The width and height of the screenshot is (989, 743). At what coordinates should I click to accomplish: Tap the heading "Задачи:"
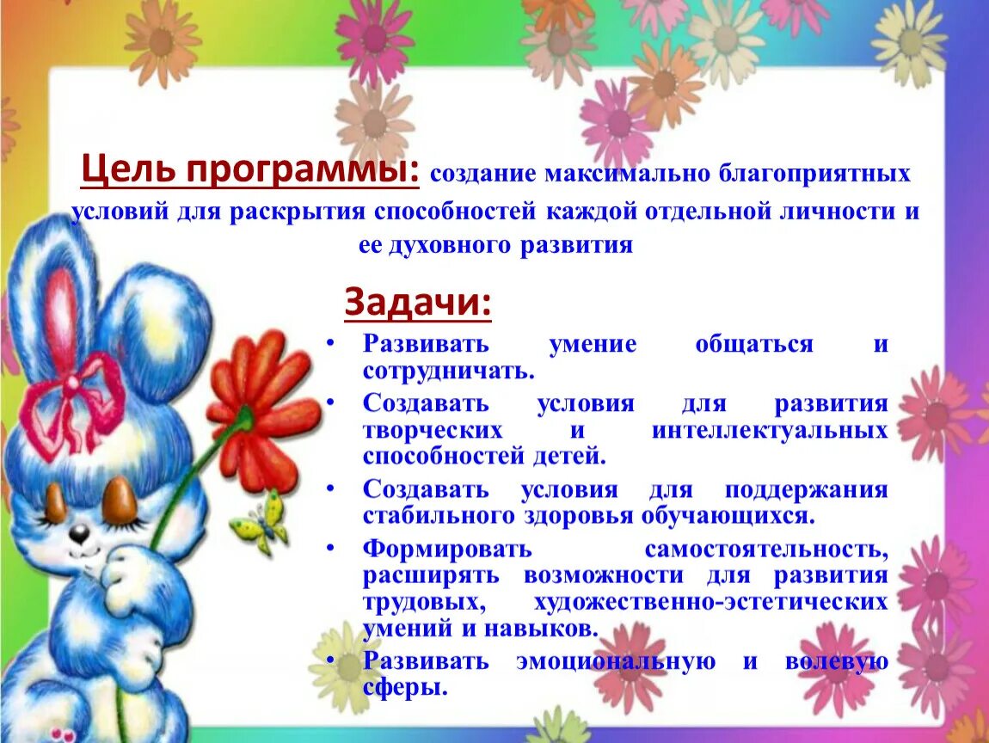[418, 303]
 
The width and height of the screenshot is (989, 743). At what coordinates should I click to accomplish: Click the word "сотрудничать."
[449, 371]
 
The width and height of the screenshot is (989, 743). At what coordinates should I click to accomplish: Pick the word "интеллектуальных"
[770, 430]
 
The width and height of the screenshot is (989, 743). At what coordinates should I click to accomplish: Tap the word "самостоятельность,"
[766, 549]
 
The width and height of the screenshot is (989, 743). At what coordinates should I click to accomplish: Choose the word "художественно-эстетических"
[710, 602]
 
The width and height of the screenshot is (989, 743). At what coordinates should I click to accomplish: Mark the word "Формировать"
[447, 549]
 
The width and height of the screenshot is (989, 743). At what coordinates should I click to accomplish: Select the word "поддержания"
[806, 490]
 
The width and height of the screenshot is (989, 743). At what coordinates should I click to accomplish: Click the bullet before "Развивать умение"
[330, 343]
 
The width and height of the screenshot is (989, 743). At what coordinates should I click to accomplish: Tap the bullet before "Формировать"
[330, 547]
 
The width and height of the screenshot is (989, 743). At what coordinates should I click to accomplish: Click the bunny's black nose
[79, 534]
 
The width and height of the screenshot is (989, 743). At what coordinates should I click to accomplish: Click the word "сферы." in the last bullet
[405, 688]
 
